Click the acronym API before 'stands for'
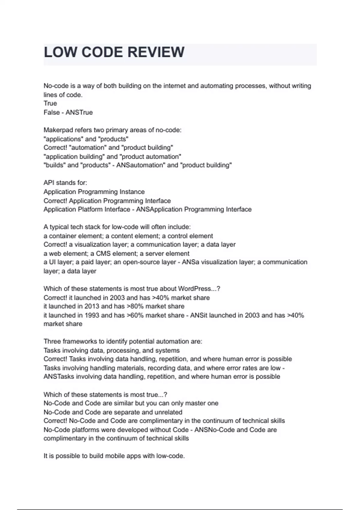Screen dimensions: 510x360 [x=49, y=183]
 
